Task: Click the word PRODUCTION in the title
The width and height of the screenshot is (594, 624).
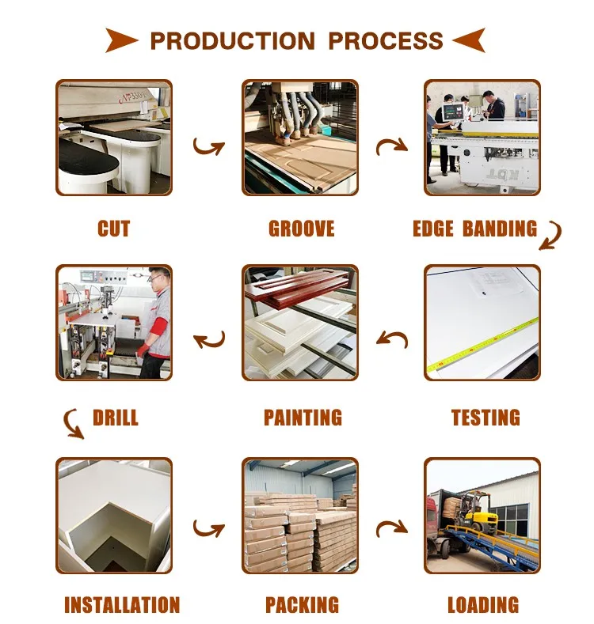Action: coord(234,40)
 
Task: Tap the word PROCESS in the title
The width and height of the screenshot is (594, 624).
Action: coord(386,40)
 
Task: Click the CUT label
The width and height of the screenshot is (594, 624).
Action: coord(113,229)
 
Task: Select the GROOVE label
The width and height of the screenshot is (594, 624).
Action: coord(301,229)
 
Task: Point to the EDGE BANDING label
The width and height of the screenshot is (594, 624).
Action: coord(474,229)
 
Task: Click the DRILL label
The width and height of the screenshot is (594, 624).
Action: coord(116,418)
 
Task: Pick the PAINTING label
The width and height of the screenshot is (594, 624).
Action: coord(303,418)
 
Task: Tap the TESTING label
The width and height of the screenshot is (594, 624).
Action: coord(485,418)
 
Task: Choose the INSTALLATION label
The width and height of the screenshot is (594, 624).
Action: coord(122,606)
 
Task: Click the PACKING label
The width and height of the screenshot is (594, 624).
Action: coord(302,606)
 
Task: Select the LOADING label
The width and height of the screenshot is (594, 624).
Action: coord(483,606)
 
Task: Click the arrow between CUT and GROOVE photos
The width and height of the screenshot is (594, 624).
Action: coord(208,146)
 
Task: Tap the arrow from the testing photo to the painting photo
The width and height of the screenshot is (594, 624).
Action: coord(391,339)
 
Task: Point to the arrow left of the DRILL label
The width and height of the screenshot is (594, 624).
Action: coord(73,424)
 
